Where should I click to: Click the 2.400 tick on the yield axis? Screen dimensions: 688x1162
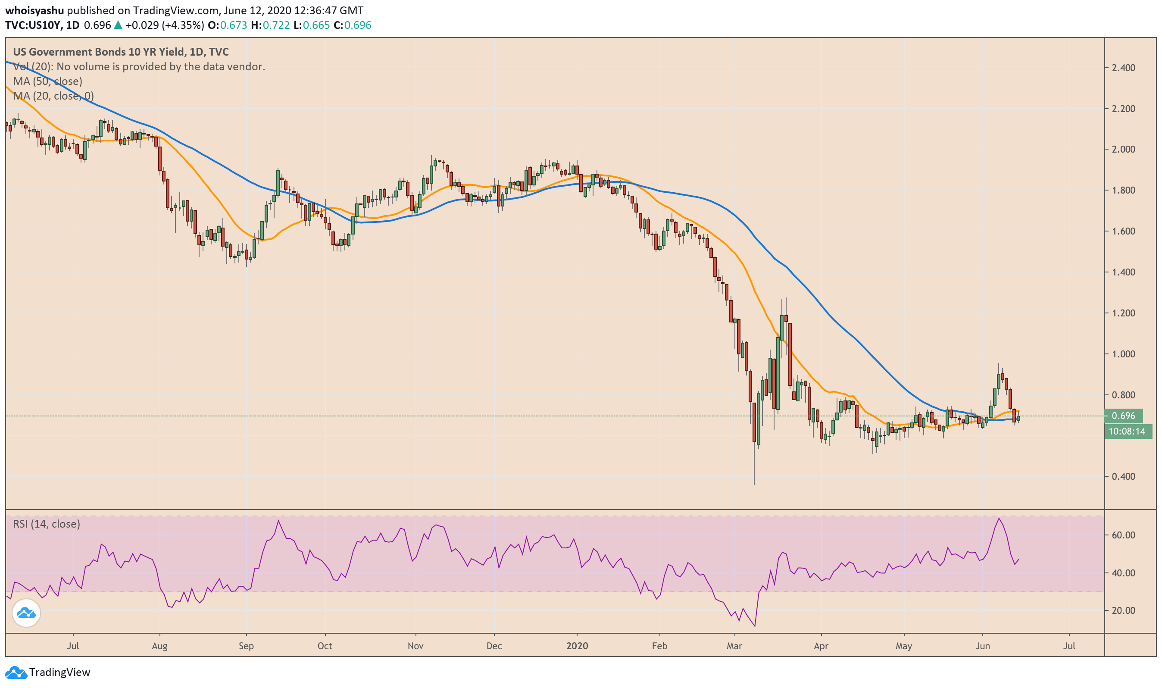[1123, 68]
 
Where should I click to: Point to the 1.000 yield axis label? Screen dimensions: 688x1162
[1123, 354]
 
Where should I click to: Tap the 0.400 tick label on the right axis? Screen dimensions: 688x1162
[1123, 477]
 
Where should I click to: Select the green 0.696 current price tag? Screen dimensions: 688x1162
[1123, 416]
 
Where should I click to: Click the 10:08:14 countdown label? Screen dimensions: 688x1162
[1127, 432]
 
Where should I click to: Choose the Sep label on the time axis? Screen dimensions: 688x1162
[246, 646]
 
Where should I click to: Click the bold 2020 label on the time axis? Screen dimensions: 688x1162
[577, 646]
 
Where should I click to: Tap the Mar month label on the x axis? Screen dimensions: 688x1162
[734, 646]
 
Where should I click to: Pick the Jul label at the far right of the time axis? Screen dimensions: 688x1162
[1069, 646]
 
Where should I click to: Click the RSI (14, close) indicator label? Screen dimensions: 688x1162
[47, 524]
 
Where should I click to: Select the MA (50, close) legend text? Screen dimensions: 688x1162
[47, 81]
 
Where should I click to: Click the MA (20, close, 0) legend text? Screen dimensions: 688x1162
[53, 96]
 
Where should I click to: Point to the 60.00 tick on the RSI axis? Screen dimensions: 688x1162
[1123, 535]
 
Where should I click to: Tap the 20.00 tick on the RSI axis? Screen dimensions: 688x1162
[1123, 610]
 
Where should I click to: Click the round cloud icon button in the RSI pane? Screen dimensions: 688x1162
[26, 613]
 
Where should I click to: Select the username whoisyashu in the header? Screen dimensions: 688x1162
[34, 11]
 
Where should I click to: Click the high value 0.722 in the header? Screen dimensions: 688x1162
[276, 25]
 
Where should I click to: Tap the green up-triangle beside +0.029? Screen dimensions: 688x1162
[118, 25]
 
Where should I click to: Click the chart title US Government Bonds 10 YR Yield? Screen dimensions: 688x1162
[98, 52]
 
